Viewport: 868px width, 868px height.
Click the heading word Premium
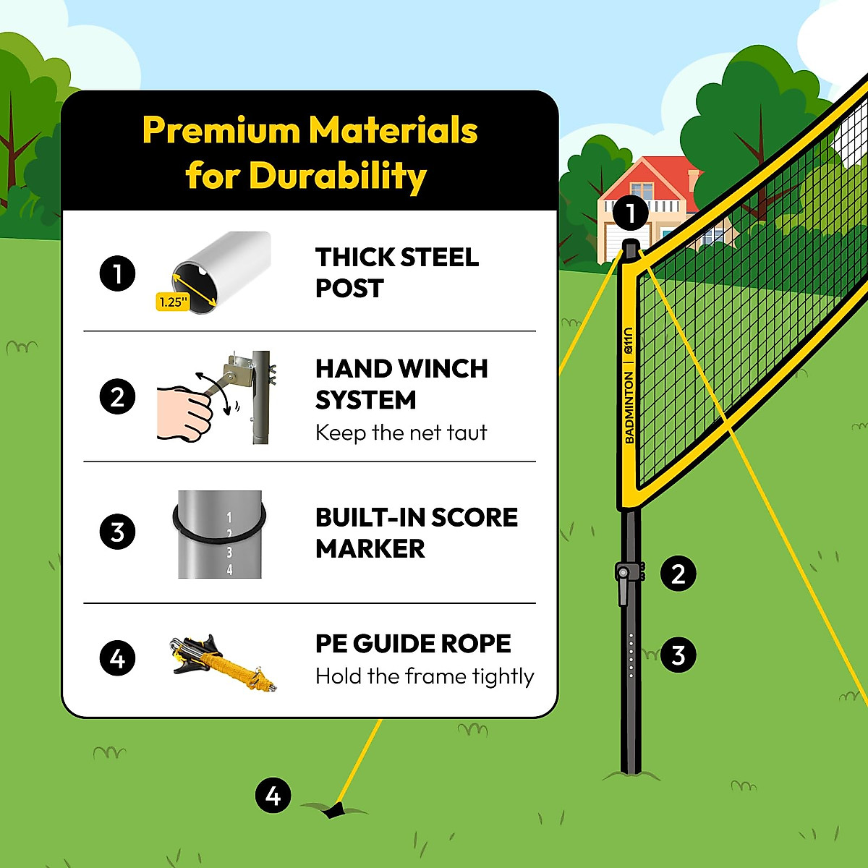tap(221, 131)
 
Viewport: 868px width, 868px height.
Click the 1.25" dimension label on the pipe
tap(172, 302)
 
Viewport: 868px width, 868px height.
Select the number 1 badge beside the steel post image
tap(117, 274)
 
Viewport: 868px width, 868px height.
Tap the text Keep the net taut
tap(401, 433)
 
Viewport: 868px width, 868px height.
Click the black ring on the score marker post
tap(219, 532)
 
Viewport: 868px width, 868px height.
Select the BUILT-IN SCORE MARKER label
tap(416, 533)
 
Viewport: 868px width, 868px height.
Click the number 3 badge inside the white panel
tap(117, 532)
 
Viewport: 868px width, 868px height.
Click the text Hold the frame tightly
tap(425, 676)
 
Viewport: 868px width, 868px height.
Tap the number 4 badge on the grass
tap(273, 796)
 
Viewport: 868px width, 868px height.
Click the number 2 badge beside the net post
tap(678, 574)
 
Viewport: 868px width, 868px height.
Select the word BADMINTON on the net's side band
tap(629, 407)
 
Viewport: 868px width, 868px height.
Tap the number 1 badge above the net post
tap(629, 213)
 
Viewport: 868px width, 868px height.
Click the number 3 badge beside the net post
tap(678, 655)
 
